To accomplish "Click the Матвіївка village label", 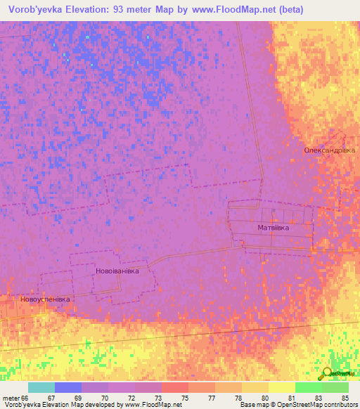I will (274, 228).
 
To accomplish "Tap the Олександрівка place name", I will (328, 150).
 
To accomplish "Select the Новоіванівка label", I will (117, 271).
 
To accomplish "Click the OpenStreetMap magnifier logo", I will (327, 373).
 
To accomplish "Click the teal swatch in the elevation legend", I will (41, 387).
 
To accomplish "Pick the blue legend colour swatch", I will (68, 387).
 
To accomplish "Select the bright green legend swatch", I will (309, 387).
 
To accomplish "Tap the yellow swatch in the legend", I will (282, 387).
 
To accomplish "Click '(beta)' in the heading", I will (338, 9).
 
